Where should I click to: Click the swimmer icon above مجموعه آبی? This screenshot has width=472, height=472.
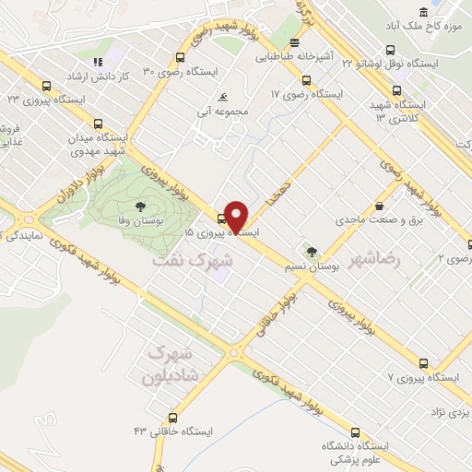[x=221, y=98]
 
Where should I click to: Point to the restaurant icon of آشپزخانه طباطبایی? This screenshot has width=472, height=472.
[x=294, y=42]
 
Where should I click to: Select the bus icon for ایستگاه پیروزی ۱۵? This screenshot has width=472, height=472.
[x=220, y=218]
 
